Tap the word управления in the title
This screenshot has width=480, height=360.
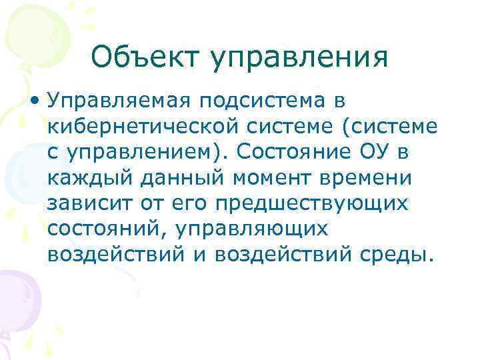coord(299,59)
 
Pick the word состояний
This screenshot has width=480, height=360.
coord(101,229)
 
